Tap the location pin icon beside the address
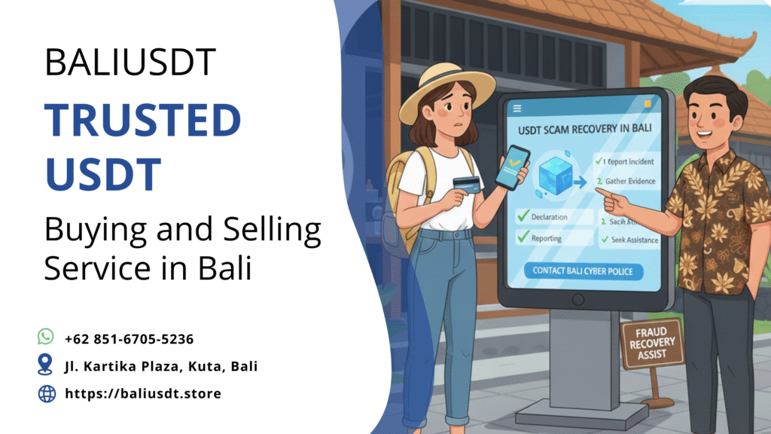(x=46, y=365)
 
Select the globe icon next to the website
(x=46, y=393)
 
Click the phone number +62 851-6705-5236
(x=130, y=339)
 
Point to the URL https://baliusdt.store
(x=143, y=393)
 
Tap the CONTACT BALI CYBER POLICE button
(x=583, y=270)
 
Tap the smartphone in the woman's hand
(x=513, y=167)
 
